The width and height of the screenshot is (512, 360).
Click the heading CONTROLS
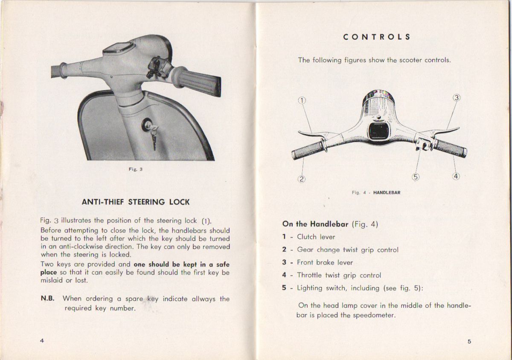tap(377, 37)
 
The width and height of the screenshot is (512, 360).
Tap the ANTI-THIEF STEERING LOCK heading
tap(136, 202)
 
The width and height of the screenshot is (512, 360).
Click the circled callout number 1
tap(302, 101)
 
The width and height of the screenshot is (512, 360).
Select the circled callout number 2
tap(301, 179)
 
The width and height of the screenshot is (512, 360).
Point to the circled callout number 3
tap(457, 97)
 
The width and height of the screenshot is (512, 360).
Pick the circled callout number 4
tap(456, 176)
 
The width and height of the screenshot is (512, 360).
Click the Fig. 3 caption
tap(136, 169)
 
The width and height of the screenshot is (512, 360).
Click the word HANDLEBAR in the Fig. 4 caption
tap(387, 193)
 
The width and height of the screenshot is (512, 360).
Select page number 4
tap(42, 340)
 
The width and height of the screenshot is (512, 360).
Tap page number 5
tap(469, 341)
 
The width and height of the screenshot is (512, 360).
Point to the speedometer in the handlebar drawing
tap(378, 131)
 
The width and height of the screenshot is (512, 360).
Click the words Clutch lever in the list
tap(316, 237)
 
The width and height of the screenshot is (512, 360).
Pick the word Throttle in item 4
tap(309, 275)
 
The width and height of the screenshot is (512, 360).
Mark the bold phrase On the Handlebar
tap(316, 224)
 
